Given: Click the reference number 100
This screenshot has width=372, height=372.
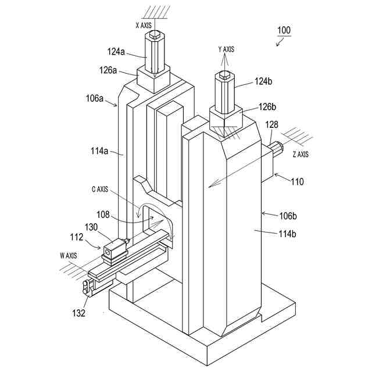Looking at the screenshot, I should point(284,30).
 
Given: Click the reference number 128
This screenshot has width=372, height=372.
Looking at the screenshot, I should point(272,125).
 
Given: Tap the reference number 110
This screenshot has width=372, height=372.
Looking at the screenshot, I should point(297,181).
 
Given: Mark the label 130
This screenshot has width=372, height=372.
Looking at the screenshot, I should point(92,227).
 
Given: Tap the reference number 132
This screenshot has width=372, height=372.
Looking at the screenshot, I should point(78,313).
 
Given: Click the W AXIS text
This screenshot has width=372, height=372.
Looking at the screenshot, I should point(68,256).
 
